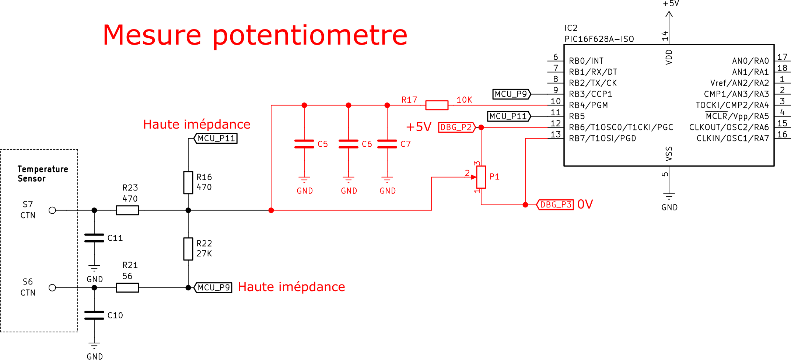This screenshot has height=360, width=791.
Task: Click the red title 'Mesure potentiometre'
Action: pyautogui.click(x=255, y=35)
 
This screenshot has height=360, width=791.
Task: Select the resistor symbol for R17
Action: pyautogui.click(x=437, y=105)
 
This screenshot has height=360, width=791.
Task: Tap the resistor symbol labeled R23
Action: pyautogui.click(x=127, y=210)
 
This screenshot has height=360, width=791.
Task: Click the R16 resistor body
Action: pyautogui.click(x=188, y=182)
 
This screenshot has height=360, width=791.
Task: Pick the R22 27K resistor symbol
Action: pyautogui.click(x=188, y=249)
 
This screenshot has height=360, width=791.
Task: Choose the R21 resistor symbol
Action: pyautogui.click(x=127, y=288)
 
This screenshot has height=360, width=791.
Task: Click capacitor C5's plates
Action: pyautogui.click(x=304, y=144)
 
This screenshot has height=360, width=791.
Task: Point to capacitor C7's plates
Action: pyautogui.click(x=387, y=144)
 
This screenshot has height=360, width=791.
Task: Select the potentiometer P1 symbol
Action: pyautogui.click(x=481, y=177)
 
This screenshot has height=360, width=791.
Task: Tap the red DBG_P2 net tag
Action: pyautogui.click(x=457, y=127)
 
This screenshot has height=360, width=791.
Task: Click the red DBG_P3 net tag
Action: pyautogui.click(x=555, y=205)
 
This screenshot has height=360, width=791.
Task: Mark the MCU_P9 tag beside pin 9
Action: pyautogui.click(x=512, y=94)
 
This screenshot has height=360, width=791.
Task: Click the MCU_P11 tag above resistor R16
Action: pyautogui.click(x=216, y=139)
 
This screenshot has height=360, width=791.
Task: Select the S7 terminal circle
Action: pyautogui.click(x=52, y=210)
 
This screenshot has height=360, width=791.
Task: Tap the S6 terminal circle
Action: pyautogui.click(x=52, y=288)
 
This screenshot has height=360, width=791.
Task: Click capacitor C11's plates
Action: pyautogui.click(x=94, y=238)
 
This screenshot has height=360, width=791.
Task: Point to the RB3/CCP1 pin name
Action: pyautogui.click(x=591, y=94)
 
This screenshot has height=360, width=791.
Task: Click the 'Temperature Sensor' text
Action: pyautogui.click(x=43, y=174)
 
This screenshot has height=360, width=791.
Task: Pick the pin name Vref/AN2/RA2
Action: pyautogui.click(x=739, y=83)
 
